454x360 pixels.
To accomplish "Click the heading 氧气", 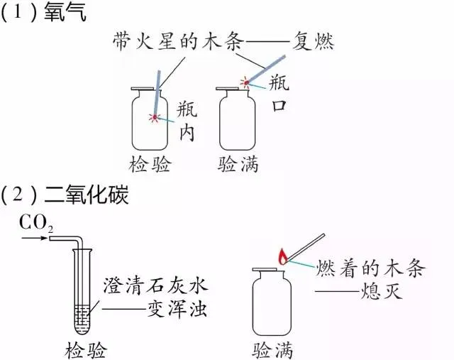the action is tap(65, 13).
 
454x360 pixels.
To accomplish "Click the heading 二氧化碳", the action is tap(86, 195).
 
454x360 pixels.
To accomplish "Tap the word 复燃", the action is tap(313, 41).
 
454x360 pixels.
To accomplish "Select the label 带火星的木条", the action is tap(178, 41).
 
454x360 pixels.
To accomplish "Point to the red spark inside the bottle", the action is tap(155, 117).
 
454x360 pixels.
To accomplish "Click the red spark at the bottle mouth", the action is tap(246, 83).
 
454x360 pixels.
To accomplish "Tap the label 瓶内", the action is tap(187, 121).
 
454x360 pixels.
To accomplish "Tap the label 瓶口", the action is tap(279, 93).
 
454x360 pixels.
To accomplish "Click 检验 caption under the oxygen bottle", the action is tap(150, 164).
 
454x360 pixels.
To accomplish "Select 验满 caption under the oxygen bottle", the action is tap(238, 164).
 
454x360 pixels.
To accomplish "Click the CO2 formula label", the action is tap(36, 224).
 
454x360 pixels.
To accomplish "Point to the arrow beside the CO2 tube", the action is tap(34, 239).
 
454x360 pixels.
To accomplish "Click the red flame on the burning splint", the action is tap(283, 256).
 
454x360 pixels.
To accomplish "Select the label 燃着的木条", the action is tap(370, 268).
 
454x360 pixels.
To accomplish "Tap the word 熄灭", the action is tap(382, 290).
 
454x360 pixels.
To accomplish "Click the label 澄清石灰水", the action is tap(156, 285).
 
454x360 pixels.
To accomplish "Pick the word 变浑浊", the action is tap(177, 309).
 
